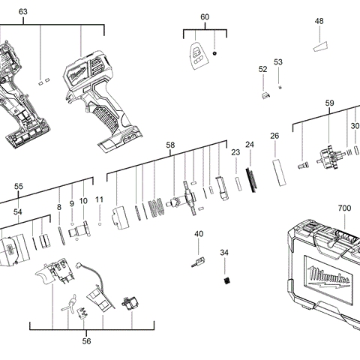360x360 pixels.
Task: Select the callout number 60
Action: tap(205, 17)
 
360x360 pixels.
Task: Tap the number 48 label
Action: tap(319, 22)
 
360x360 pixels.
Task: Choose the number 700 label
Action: tap(344, 208)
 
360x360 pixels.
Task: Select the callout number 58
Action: tap(170, 145)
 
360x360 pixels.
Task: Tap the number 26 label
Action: tap(274, 136)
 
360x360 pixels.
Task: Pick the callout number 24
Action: tap(250, 144)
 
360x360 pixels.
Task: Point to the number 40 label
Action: tap(199, 234)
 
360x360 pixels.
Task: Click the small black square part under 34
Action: tap(224, 280)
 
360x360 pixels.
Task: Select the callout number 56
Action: tap(86, 341)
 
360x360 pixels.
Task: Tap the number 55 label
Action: tap(19, 186)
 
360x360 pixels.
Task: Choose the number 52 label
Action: tap(263, 69)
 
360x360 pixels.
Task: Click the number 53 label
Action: tap(278, 62)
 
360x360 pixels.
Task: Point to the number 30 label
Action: tap(355, 126)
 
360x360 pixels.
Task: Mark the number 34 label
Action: tap(224, 253)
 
